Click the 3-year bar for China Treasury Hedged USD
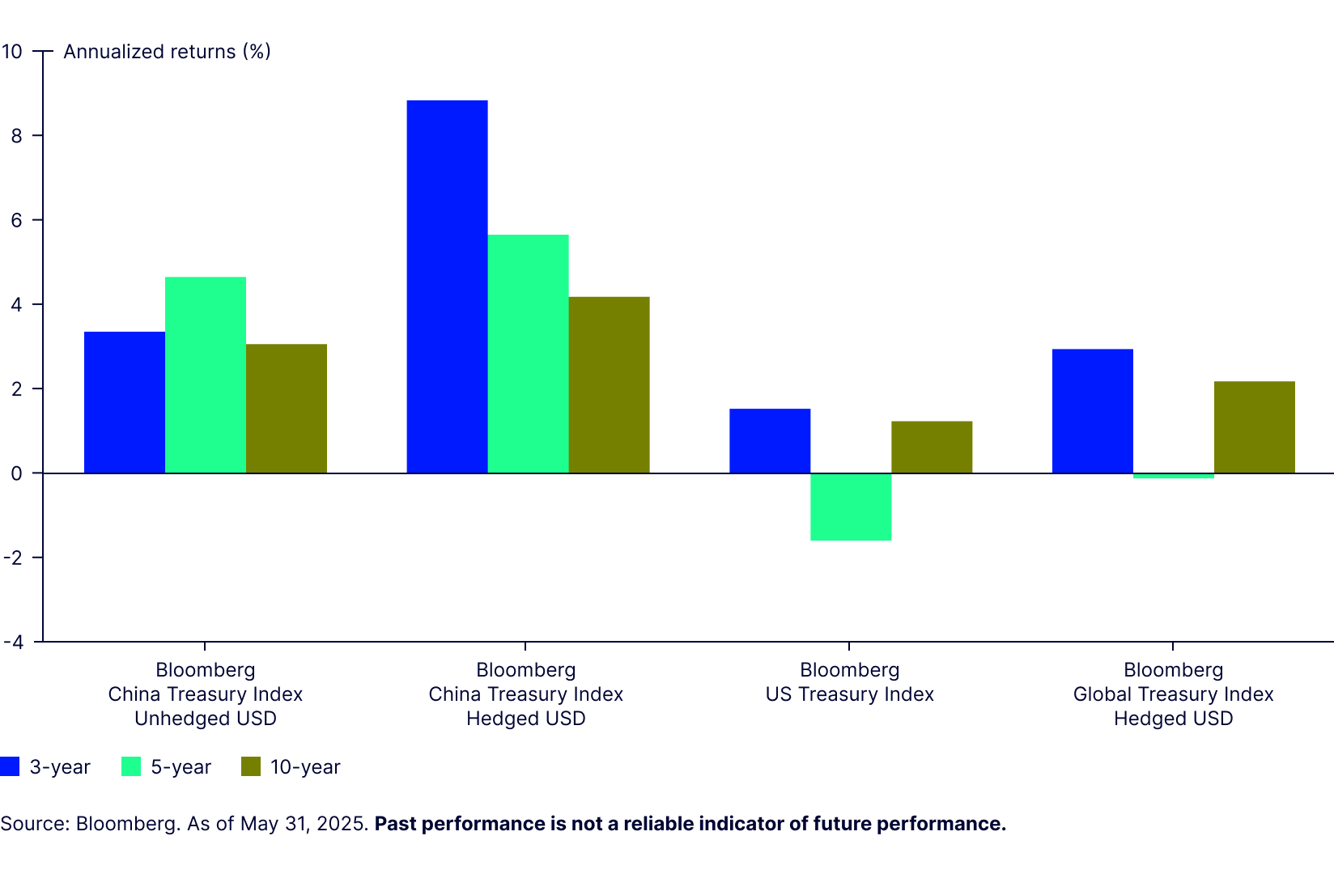[x=447, y=286]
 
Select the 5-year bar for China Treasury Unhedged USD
[x=206, y=375]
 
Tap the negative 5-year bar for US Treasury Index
[x=851, y=507]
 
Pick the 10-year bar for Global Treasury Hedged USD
[x=1254, y=427]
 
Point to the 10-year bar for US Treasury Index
[x=932, y=447]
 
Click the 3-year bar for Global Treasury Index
[x=1092, y=411]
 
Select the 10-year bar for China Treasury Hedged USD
[x=609, y=385]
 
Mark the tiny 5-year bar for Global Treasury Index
[x=1173, y=476]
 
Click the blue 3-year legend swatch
[x=10, y=766]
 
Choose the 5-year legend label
[x=181, y=767]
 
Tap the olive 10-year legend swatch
[x=251, y=766]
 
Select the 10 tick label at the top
[x=12, y=52]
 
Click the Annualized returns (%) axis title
[x=167, y=52]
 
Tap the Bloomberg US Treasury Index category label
[x=849, y=682]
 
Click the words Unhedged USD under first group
[x=206, y=719]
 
